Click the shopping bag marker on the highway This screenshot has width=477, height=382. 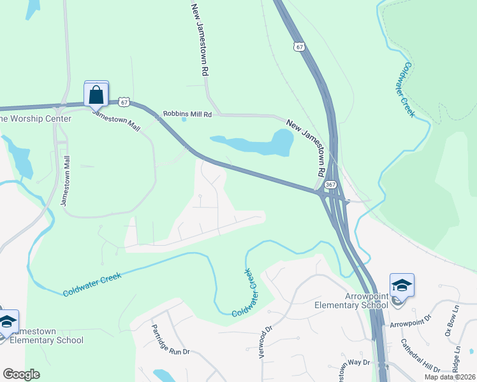click(x=96, y=94)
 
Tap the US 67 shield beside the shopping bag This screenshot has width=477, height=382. click(x=124, y=102)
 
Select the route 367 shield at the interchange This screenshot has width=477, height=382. click(x=330, y=185)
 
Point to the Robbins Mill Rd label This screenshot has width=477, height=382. click(x=187, y=114)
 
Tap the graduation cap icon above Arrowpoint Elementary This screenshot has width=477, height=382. click(x=402, y=285)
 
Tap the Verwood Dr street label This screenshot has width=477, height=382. click(x=265, y=343)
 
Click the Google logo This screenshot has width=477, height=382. click(x=21, y=374)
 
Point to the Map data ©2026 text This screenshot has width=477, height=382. click(x=450, y=377)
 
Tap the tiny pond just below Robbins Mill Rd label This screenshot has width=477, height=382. click(x=184, y=119)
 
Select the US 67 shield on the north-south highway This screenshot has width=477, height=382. click(x=300, y=46)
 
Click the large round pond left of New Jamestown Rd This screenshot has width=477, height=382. click(x=281, y=141)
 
